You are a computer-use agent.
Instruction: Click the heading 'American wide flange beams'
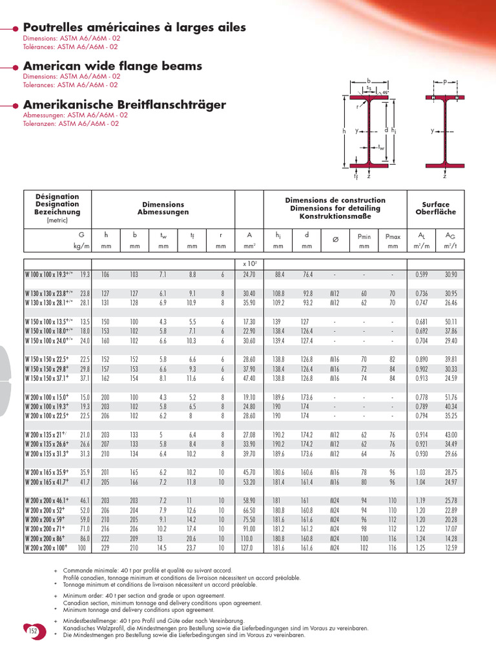pyautogui.click(x=112, y=66)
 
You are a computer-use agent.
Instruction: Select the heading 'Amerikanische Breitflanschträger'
pyautogui.click(x=124, y=104)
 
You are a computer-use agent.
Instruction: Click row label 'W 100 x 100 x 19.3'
pyautogui.click(x=49, y=274)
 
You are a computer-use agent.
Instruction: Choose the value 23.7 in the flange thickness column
pyautogui.click(x=192, y=548)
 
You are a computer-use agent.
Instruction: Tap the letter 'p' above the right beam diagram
pyautogui.click(x=445, y=82)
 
